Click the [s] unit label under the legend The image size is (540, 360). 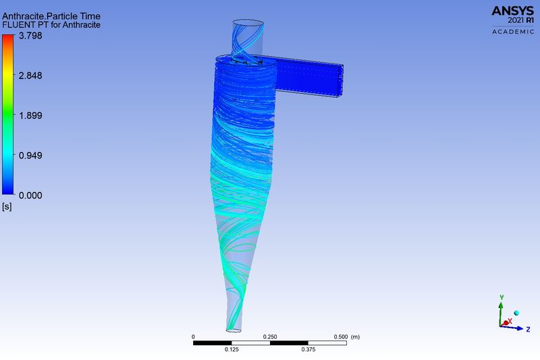tap(7, 206)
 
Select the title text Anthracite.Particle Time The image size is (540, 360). tap(52, 16)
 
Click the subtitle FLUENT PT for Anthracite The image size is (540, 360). tap(52, 25)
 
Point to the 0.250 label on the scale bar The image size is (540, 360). tap(270, 336)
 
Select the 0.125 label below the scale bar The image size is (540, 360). tap(232, 349)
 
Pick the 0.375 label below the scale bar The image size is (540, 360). tap(308, 349)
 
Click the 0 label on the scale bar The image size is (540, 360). tap(194, 336)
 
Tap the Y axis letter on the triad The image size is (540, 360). tap(501, 297)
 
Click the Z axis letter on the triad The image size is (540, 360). tap(528, 329)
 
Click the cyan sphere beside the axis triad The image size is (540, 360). tap(516, 313)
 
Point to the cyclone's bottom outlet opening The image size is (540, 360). tap(234, 330)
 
